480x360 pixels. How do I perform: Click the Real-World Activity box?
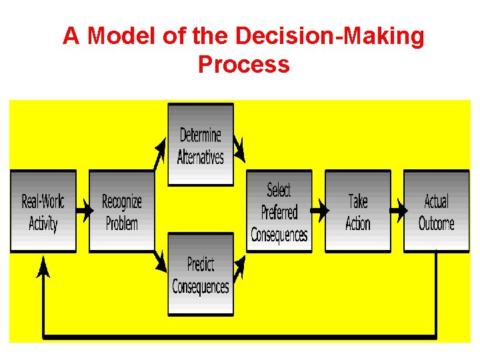[43, 211]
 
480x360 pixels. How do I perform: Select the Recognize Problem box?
[121, 211]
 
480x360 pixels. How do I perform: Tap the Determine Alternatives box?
[201, 145]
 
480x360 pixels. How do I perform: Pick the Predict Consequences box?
[201, 274]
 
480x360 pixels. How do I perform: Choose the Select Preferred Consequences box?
[279, 211]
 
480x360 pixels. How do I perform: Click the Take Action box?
[357, 211]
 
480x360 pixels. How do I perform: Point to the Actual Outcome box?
[436, 211]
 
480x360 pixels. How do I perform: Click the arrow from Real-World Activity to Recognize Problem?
[83, 211]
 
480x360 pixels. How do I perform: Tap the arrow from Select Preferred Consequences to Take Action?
[319, 211]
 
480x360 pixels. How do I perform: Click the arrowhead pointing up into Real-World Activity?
[43, 266]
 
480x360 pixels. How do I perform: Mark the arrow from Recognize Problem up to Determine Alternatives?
[160, 153]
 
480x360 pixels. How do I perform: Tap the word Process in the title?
[243, 64]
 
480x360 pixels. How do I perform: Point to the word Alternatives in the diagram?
[201, 157]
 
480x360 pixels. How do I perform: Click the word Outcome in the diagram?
[436, 223]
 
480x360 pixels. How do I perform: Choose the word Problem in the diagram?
[121, 223]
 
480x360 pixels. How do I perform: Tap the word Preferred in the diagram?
[279, 213]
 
